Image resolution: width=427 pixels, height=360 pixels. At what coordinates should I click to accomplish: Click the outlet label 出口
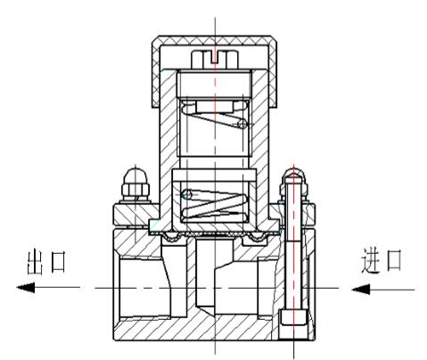tap(45, 263)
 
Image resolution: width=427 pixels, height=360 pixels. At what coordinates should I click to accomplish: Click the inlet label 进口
tap(382, 261)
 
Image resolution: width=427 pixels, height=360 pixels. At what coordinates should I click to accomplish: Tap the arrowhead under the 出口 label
tap(26, 288)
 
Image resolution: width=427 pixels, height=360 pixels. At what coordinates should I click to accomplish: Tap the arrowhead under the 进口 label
tap(361, 289)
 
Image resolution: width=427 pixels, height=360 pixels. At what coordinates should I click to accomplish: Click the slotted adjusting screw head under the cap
tap(215, 59)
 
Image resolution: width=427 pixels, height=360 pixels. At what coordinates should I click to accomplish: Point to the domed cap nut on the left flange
tap(135, 185)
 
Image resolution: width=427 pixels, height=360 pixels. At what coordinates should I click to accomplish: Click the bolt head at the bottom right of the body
tap(293, 317)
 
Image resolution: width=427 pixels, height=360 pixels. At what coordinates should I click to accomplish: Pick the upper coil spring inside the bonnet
tap(215, 115)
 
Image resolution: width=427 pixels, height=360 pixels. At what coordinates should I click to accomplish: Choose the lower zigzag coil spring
tap(215, 204)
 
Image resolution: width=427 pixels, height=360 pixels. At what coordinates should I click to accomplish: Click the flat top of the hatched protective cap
tap(215, 40)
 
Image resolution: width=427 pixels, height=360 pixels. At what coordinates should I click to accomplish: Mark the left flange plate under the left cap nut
tap(136, 215)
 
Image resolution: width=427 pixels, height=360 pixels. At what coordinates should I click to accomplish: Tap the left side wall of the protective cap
tap(156, 74)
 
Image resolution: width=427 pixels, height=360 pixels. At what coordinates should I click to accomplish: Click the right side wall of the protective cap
tap(274, 74)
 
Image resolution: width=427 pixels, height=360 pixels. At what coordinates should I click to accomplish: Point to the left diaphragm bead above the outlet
tap(170, 237)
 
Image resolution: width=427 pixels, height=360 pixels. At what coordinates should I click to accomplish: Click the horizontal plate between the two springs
tap(214, 175)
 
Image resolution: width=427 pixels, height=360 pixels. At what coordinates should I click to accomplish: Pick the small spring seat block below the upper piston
tap(215, 106)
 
